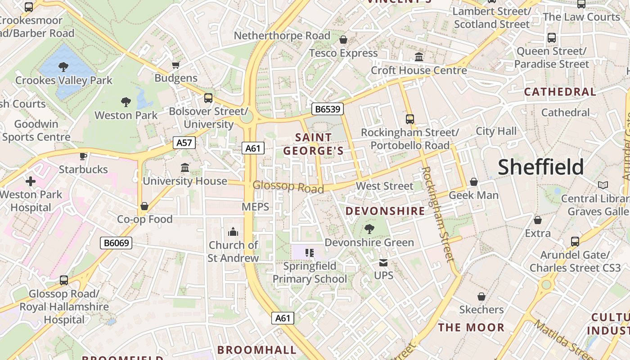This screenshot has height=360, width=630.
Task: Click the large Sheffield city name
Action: click(540, 167)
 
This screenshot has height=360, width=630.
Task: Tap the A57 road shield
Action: click(184, 143)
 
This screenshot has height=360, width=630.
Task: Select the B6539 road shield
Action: click(328, 109)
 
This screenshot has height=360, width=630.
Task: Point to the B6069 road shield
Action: click(116, 243)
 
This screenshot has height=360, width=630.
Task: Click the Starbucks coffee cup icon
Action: click(83, 156)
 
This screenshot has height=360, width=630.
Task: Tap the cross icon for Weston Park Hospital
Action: click(31, 181)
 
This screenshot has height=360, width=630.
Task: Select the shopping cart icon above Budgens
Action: click(176, 65)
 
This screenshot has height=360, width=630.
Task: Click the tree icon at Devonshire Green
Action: click(369, 229)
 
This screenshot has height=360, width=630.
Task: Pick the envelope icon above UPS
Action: click(383, 262)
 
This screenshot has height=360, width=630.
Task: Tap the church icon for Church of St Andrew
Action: click(233, 232)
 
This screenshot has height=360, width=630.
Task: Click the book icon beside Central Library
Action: click(603, 185)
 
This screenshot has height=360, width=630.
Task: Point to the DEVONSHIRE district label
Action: click(385, 211)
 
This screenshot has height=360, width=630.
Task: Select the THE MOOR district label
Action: click(471, 327)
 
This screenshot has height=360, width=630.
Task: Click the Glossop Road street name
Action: click(288, 187)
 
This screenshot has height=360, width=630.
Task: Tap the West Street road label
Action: click(384, 186)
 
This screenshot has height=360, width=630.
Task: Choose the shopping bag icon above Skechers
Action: click(481, 297)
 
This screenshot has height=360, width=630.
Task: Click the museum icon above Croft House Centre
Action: click(419, 57)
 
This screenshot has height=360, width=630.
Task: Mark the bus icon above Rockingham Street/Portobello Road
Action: click(409, 119)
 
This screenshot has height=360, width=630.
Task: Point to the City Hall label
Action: click(496, 131)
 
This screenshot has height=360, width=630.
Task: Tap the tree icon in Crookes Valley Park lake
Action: click(63, 67)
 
